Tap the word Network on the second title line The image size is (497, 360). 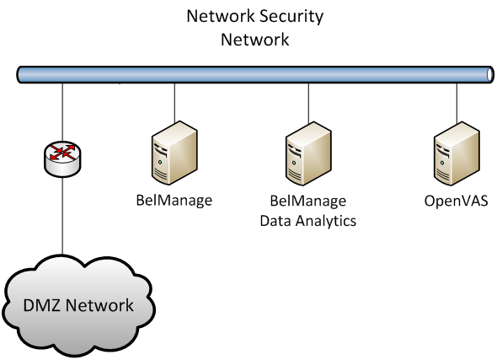click(x=254, y=39)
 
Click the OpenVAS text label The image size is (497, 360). click(x=455, y=201)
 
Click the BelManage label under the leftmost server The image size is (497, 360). click(x=174, y=201)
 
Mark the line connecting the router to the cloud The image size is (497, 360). click(x=62, y=215)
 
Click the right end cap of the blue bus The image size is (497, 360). click(x=489, y=75)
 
